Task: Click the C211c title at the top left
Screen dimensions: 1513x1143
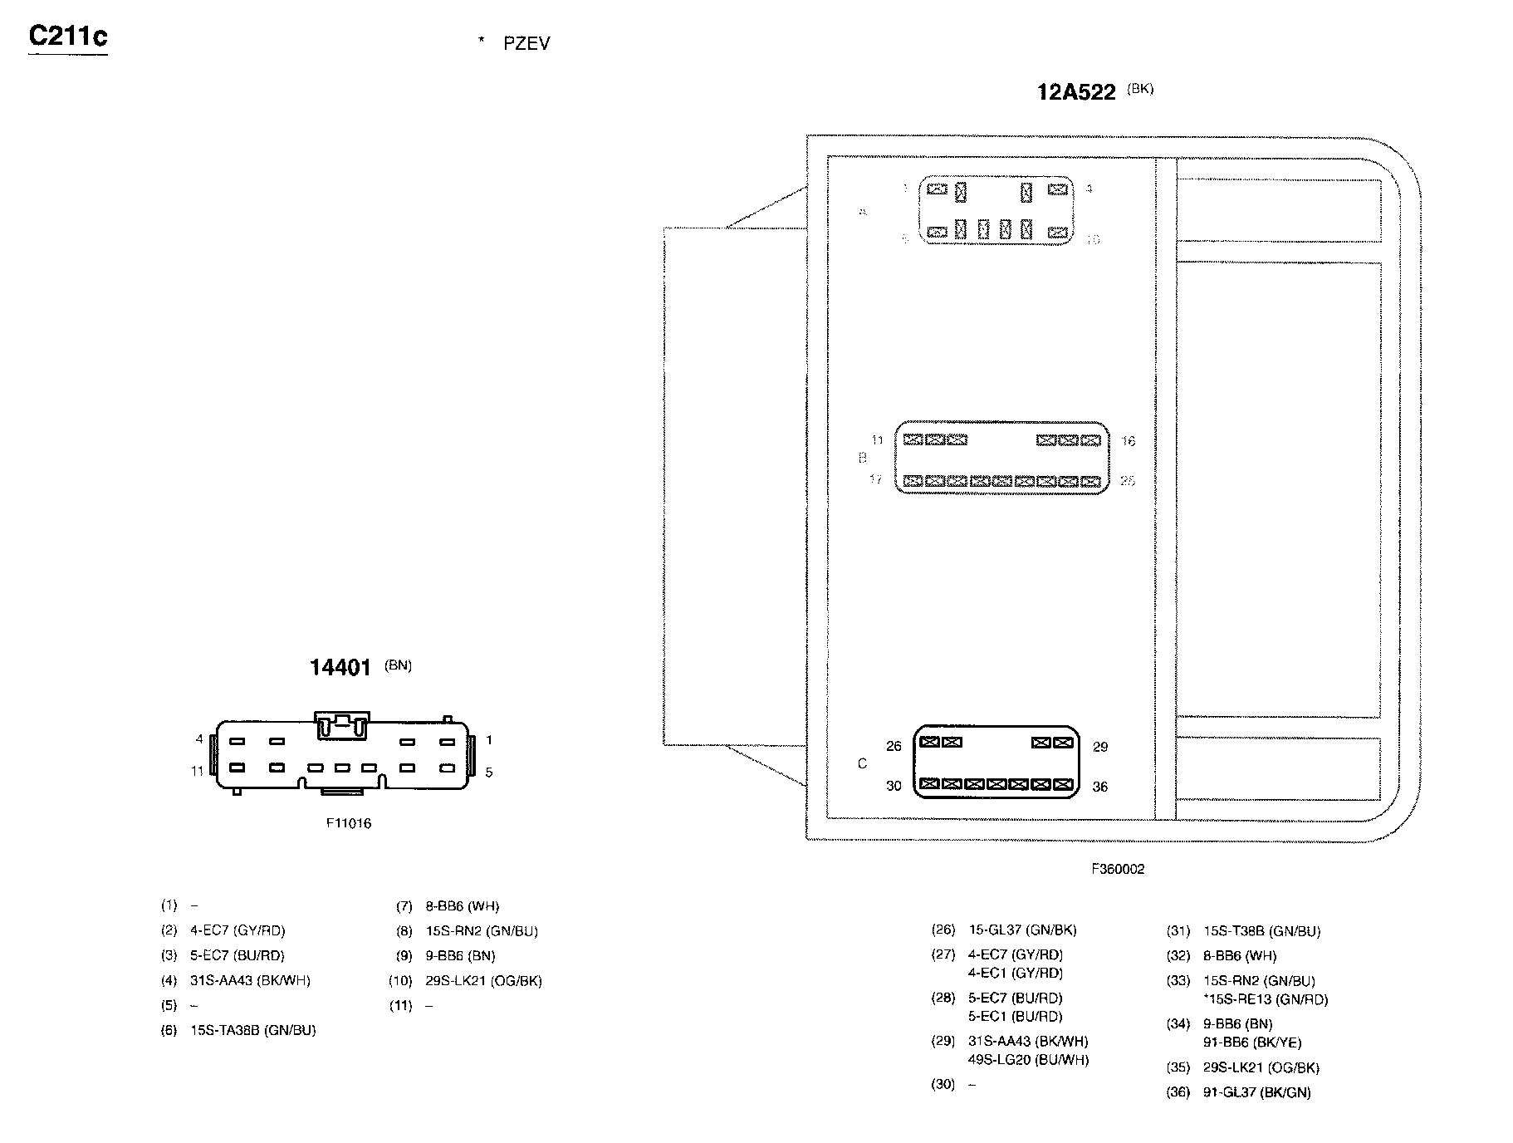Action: (68, 37)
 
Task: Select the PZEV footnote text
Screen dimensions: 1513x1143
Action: (526, 44)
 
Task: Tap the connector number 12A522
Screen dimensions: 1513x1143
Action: (1076, 92)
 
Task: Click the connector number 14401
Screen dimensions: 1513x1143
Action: (340, 668)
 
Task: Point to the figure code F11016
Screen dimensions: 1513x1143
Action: (349, 823)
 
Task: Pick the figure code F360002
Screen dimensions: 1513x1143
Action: (1118, 869)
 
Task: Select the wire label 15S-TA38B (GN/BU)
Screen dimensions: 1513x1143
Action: (252, 1030)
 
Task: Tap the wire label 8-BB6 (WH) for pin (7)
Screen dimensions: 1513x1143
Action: (462, 906)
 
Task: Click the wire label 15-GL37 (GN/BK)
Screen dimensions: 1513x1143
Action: (1022, 930)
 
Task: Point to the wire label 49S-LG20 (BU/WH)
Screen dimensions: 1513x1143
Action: (1028, 1059)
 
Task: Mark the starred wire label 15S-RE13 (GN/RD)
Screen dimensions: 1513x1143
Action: (1266, 999)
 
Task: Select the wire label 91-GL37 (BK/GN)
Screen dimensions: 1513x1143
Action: (1256, 1092)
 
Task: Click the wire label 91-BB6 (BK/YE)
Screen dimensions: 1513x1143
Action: (1252, 1042)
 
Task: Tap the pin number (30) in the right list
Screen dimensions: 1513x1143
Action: (943, 1084)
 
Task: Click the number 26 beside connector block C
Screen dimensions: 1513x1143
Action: (894, 746)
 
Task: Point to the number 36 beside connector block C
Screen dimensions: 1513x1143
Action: (1100, 787)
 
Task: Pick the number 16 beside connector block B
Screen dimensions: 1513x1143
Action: (1128, 441)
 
